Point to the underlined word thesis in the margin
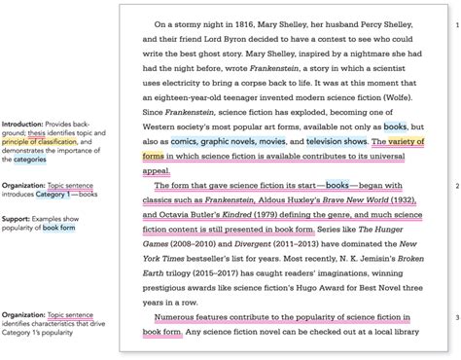[36, 133]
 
